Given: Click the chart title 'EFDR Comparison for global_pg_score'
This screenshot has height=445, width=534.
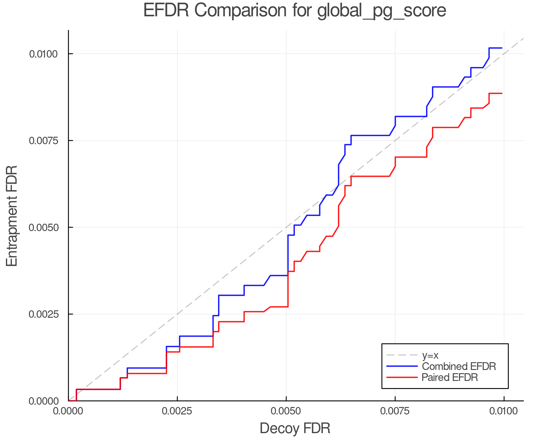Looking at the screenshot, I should click(295, 11).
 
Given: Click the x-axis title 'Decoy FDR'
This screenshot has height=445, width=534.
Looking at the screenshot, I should click(295, 428).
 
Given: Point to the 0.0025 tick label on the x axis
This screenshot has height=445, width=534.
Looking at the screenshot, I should click(177, 411).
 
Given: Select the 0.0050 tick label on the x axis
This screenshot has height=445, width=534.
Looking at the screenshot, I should click(286, 411).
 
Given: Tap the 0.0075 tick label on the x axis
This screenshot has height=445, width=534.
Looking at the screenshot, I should click(395, 411).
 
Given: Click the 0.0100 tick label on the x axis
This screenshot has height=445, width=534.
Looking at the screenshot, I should click(504, 411).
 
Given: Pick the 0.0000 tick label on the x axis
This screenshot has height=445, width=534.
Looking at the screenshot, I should click(69, 411).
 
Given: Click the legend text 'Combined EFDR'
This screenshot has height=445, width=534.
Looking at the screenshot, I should click(459, 366).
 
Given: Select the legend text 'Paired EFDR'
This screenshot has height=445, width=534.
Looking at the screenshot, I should click(450, 377).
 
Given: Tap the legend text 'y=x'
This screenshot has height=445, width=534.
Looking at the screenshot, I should click(430, 355).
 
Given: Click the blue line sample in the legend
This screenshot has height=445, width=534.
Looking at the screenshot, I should click(402, 366).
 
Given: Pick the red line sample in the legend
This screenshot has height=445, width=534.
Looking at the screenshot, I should click(402, 377).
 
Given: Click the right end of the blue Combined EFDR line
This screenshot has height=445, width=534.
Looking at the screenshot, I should click(502, 48).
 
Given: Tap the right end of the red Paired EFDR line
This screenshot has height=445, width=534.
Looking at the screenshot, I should click(502, 93).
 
